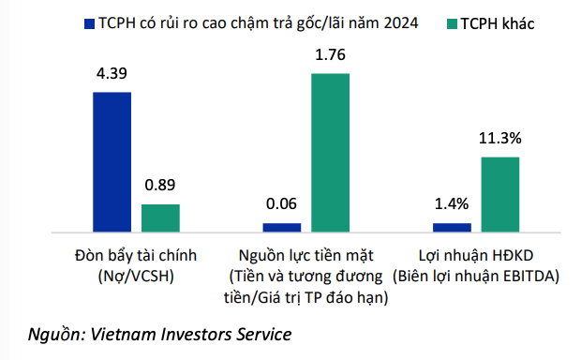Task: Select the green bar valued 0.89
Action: pos(160,217)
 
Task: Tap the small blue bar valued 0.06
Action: pos(282,226)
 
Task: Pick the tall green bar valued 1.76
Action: pos(330,152)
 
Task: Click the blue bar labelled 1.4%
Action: pos(452,226)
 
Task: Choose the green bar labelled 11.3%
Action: pos(500,193)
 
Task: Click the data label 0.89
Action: pos(160,185)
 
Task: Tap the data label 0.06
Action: pos(282,203)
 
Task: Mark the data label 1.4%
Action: pos(452,203)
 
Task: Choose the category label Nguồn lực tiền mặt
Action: pos(305,254)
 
